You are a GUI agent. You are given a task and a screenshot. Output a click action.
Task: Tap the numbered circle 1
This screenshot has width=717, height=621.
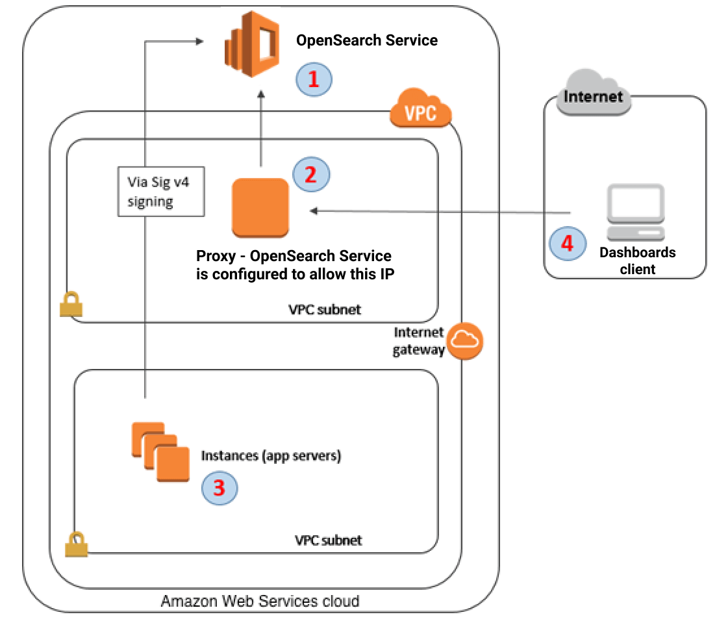(314, 79)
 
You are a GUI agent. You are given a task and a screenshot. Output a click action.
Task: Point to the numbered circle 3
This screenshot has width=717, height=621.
(219, 487)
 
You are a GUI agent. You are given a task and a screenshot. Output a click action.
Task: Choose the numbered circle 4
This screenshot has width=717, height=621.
(567, 244)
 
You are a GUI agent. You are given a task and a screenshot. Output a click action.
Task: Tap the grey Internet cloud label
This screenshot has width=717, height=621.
(594, 97)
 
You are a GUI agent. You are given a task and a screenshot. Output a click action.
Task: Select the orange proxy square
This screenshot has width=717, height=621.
(260, 207)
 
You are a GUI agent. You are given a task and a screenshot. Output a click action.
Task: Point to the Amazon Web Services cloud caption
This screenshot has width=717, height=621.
(260, 601)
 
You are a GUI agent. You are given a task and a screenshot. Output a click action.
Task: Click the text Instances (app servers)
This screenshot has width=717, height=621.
(271, 456)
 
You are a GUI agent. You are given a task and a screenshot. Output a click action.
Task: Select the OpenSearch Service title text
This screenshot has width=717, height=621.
(367, 40)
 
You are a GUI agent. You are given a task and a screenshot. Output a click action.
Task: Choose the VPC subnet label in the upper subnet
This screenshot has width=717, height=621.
(324, 310)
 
